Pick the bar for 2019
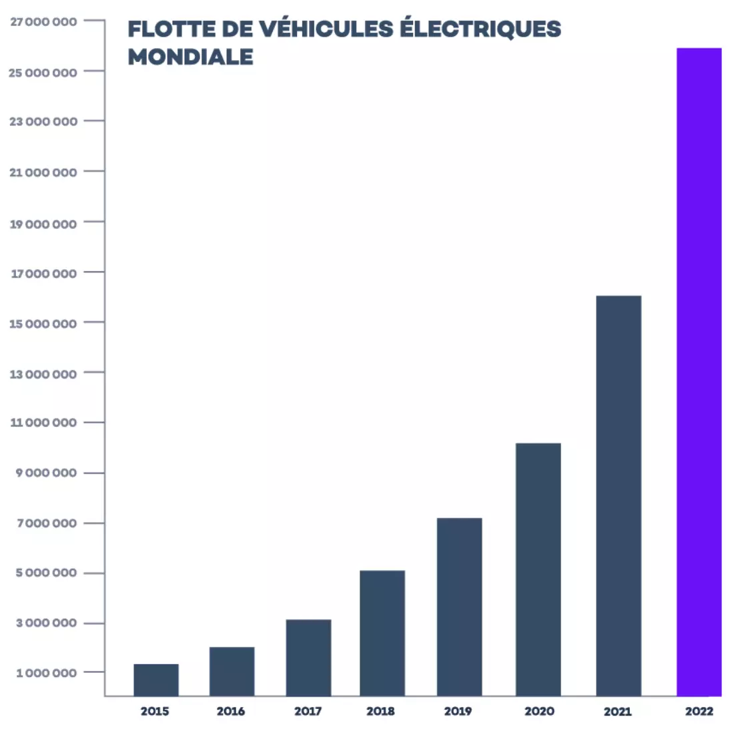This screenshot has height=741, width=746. click(459, 607)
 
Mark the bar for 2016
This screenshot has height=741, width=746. click(232, 672)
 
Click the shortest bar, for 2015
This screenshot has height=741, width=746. click(155, 680)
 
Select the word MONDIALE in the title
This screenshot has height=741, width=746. click(190, 57)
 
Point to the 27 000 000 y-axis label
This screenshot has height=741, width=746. click(43, 21)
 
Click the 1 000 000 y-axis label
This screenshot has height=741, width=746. click(46, 672)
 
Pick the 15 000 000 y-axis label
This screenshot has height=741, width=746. click(43, 323)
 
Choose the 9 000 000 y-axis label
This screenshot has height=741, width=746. click(46, 473)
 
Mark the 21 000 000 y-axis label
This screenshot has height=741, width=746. click(43, 172)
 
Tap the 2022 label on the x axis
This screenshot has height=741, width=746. click(699, 711)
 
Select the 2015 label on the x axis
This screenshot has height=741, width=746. click(155, 711)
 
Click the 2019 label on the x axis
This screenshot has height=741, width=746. click(458, 711)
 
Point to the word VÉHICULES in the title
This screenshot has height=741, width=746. click(325, 29)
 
